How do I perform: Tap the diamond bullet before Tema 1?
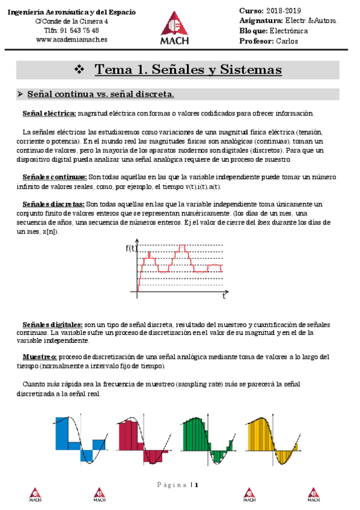point(78,70)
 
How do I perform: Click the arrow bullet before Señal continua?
point(20,94)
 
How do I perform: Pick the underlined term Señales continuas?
point(54,177)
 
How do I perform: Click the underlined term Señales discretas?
point(54,204)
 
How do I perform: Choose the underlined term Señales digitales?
point(52,324)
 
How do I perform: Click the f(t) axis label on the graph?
point(132,248)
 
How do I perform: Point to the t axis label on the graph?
point(224,295)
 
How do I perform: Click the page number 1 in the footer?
point(196,485)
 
